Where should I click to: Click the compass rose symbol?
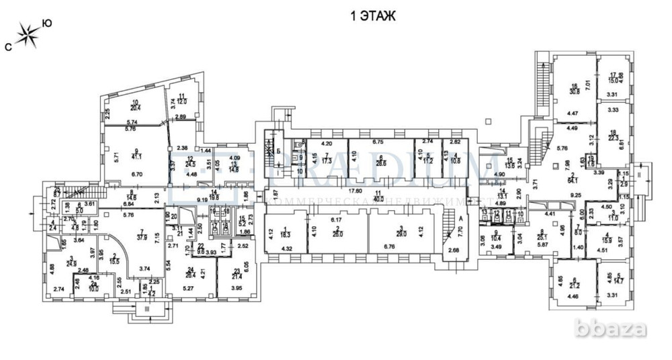point(28,36)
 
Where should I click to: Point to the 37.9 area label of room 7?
point(142,236)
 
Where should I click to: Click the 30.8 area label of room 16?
point(575,90)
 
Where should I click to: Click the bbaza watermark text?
point(618,329)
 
